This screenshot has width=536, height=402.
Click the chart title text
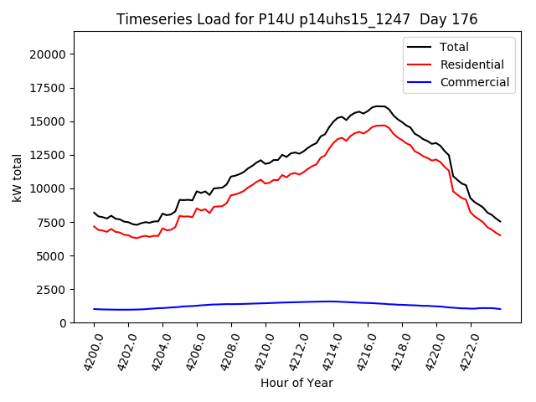296,19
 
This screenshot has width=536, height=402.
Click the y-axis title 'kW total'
17,177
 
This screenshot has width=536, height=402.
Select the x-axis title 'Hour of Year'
296,383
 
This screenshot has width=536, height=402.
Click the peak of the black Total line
379,106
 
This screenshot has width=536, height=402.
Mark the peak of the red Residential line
379,126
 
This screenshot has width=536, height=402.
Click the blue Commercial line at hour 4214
333,301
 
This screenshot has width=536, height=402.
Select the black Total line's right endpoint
500,222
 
